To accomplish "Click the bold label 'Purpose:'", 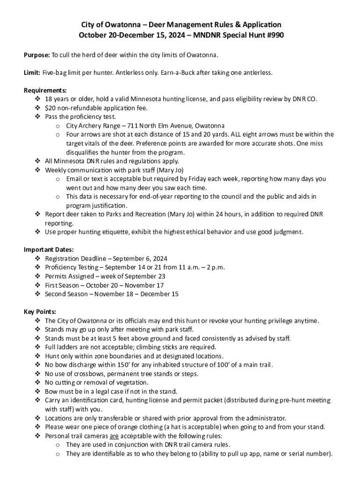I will tap(36, 55).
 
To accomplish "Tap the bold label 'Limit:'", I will tap(32, 73).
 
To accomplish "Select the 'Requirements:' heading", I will tap(45, 90).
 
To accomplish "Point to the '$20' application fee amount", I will tap(50, 108).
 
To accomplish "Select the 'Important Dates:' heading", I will tap(49, 249).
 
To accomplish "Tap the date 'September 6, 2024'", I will tap(140, 258).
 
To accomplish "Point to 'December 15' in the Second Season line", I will tap(160, 294).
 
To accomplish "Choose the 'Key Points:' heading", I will tap(40, 312).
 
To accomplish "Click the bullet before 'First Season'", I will tap(37, 285).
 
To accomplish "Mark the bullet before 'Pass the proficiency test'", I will tap(37, 117).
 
